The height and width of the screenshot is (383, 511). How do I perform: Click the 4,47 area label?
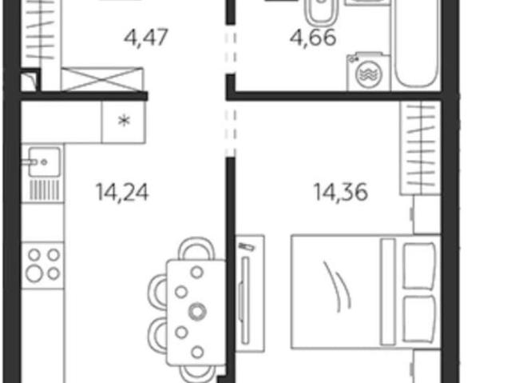146,38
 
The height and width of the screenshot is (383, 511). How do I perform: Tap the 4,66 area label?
313,38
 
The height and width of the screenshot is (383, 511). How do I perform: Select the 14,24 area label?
122,192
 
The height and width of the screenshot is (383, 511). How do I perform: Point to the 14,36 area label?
341,192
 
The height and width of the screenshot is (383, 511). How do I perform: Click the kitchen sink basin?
44,162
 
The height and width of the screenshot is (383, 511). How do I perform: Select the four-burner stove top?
42,265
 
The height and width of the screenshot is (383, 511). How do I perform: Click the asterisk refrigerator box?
124,122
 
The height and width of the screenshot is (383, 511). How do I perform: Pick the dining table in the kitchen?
196,313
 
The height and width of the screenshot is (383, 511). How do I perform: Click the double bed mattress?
366,292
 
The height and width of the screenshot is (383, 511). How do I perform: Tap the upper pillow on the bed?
419,266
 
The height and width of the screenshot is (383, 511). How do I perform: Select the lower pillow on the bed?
419,319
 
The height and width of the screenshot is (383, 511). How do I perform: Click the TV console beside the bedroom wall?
250,293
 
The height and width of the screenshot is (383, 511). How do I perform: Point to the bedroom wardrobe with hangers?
421,148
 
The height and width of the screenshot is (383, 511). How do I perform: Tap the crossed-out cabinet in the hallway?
102,79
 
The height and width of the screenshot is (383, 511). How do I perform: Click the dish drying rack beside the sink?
45,190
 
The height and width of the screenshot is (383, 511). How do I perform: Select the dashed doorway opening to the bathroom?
231,49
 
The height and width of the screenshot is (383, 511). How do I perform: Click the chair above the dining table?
197,249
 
